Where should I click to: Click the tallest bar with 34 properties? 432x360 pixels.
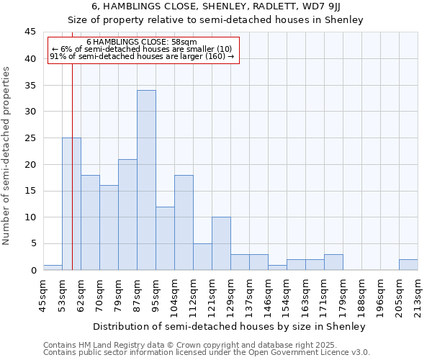(146, 180)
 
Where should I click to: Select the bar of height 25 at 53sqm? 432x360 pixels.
(71, 204)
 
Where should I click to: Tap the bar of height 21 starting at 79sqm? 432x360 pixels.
(127, 215)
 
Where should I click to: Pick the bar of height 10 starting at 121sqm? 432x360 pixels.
(221, 243)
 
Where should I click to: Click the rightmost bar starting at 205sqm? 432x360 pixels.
(408, 264)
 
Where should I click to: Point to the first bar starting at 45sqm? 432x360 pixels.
(53, 267)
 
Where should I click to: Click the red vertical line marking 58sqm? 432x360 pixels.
(73, 144)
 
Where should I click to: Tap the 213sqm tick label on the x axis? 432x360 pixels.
(418, 294)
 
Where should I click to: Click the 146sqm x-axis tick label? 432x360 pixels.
(269, 294)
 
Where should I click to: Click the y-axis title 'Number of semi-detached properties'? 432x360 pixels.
(7, 156)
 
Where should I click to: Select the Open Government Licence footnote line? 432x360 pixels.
(207, 352)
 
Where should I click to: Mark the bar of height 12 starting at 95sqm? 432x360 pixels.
(165, 238)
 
